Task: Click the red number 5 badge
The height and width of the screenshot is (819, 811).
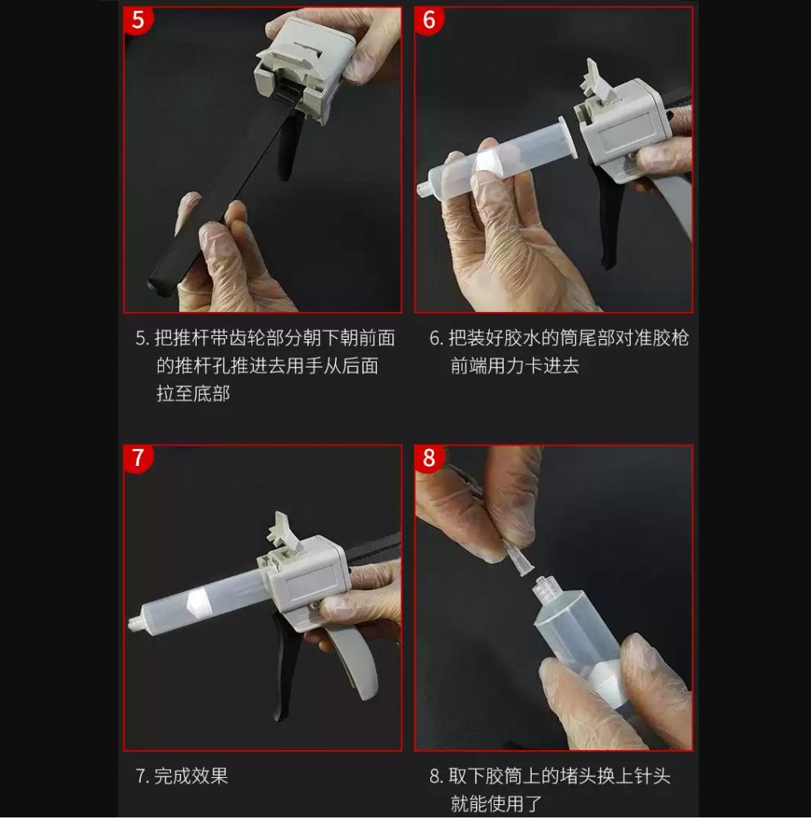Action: click(138, 20)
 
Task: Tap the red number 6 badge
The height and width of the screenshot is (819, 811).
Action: click(428, 20)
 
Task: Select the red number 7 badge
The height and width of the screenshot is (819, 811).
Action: click(138, 458)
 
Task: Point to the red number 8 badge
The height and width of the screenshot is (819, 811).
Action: click(428, 458)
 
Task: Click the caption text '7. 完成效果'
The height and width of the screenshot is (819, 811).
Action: click(181, 776)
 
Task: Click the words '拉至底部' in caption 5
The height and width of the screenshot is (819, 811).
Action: click(193, 393)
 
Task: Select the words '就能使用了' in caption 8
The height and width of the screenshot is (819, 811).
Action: click(496, 803)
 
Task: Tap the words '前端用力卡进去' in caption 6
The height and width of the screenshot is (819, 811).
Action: click(514, 365)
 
